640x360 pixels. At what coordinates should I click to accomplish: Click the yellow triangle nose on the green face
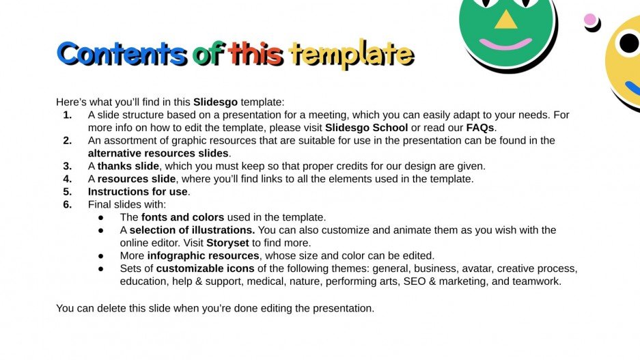pyautogui.click(x=505, y=19)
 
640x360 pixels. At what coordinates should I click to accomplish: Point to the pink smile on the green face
pyautogui.click(x=505, y=44)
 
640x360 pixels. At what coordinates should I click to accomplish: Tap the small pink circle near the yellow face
pyautogui.click(x=590, y=20)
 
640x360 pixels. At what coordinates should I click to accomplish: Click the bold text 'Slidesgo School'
pyautogui.click(x=367, y=128)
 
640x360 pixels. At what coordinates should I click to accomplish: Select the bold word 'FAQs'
pyautogui.click(x=481, y=128)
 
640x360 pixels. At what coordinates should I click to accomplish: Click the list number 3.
pyautogui.click(x=68, y=166)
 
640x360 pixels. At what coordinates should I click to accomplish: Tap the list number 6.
pyautogui.click(x=68, y=204)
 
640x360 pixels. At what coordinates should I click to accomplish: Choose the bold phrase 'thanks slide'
pyautogui.click(x=127, y=166)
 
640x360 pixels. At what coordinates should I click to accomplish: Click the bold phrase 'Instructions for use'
pyautogui.click(x=138, y=192)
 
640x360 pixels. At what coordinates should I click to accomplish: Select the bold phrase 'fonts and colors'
pyautogui.click(x=182, y=217)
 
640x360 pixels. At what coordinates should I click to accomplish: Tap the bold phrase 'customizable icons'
pyautogui.click(x=203, y=268)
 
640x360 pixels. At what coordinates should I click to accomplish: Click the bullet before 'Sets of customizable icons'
pyautogui.click(x=102, y=268)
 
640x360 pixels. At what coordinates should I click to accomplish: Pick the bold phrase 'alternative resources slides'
pyautogui.click(x=158, y=153)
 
